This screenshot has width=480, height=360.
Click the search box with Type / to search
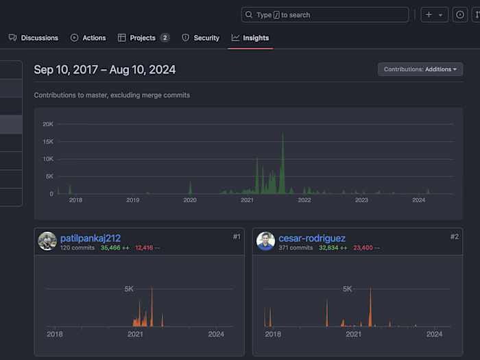[325, 14]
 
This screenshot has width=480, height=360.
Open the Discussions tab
[34, 38]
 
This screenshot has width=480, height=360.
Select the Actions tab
[88, 38]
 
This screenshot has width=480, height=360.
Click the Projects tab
[143, 38]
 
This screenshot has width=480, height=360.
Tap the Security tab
[201, 38]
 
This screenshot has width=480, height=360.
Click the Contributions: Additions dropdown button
[420, 69]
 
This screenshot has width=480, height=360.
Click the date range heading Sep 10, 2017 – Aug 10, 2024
[105, 69]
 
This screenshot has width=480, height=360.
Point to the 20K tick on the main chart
[48, 124]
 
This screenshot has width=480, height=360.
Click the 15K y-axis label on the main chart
[48, 142]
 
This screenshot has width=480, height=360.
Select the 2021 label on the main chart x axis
[248, 200]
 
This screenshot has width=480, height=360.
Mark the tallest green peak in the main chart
[283, 134]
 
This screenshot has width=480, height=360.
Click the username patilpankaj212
[91, 238]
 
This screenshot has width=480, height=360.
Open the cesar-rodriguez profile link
[312, 238]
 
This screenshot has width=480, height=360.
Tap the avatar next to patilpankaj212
[47, 241]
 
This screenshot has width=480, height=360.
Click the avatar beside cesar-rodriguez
[265, 241]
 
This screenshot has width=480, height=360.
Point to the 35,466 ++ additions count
[115, 248]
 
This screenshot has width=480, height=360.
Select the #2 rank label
[454, 237]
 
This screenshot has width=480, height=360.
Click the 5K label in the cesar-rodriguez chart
[347, 289]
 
